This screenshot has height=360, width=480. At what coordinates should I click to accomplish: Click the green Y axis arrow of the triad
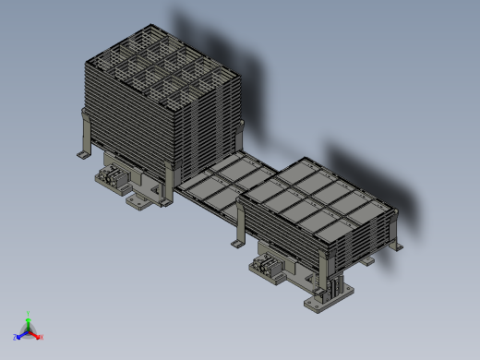(29, 321)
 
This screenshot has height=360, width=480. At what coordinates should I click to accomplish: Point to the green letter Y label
(29, 314)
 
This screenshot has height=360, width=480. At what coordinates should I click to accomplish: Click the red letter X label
(42, 337)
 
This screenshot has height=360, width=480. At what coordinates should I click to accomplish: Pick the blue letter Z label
(16, 338)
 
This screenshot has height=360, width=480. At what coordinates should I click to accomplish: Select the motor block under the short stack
(269, 269)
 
